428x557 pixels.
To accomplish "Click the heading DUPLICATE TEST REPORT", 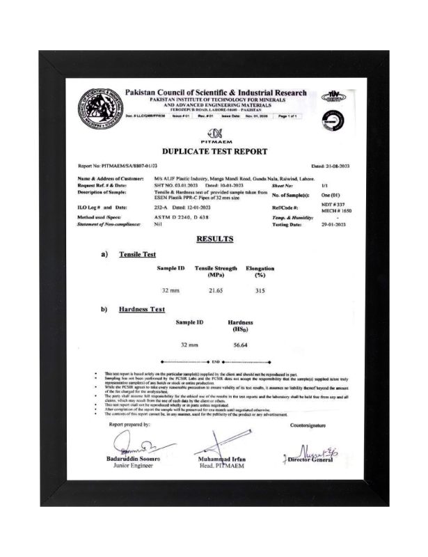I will tap(214, 150).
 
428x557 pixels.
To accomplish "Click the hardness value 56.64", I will tap(241, 345).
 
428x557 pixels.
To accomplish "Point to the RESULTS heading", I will tap(214, 238).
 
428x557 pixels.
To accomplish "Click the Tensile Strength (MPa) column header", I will tap(216, 271).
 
